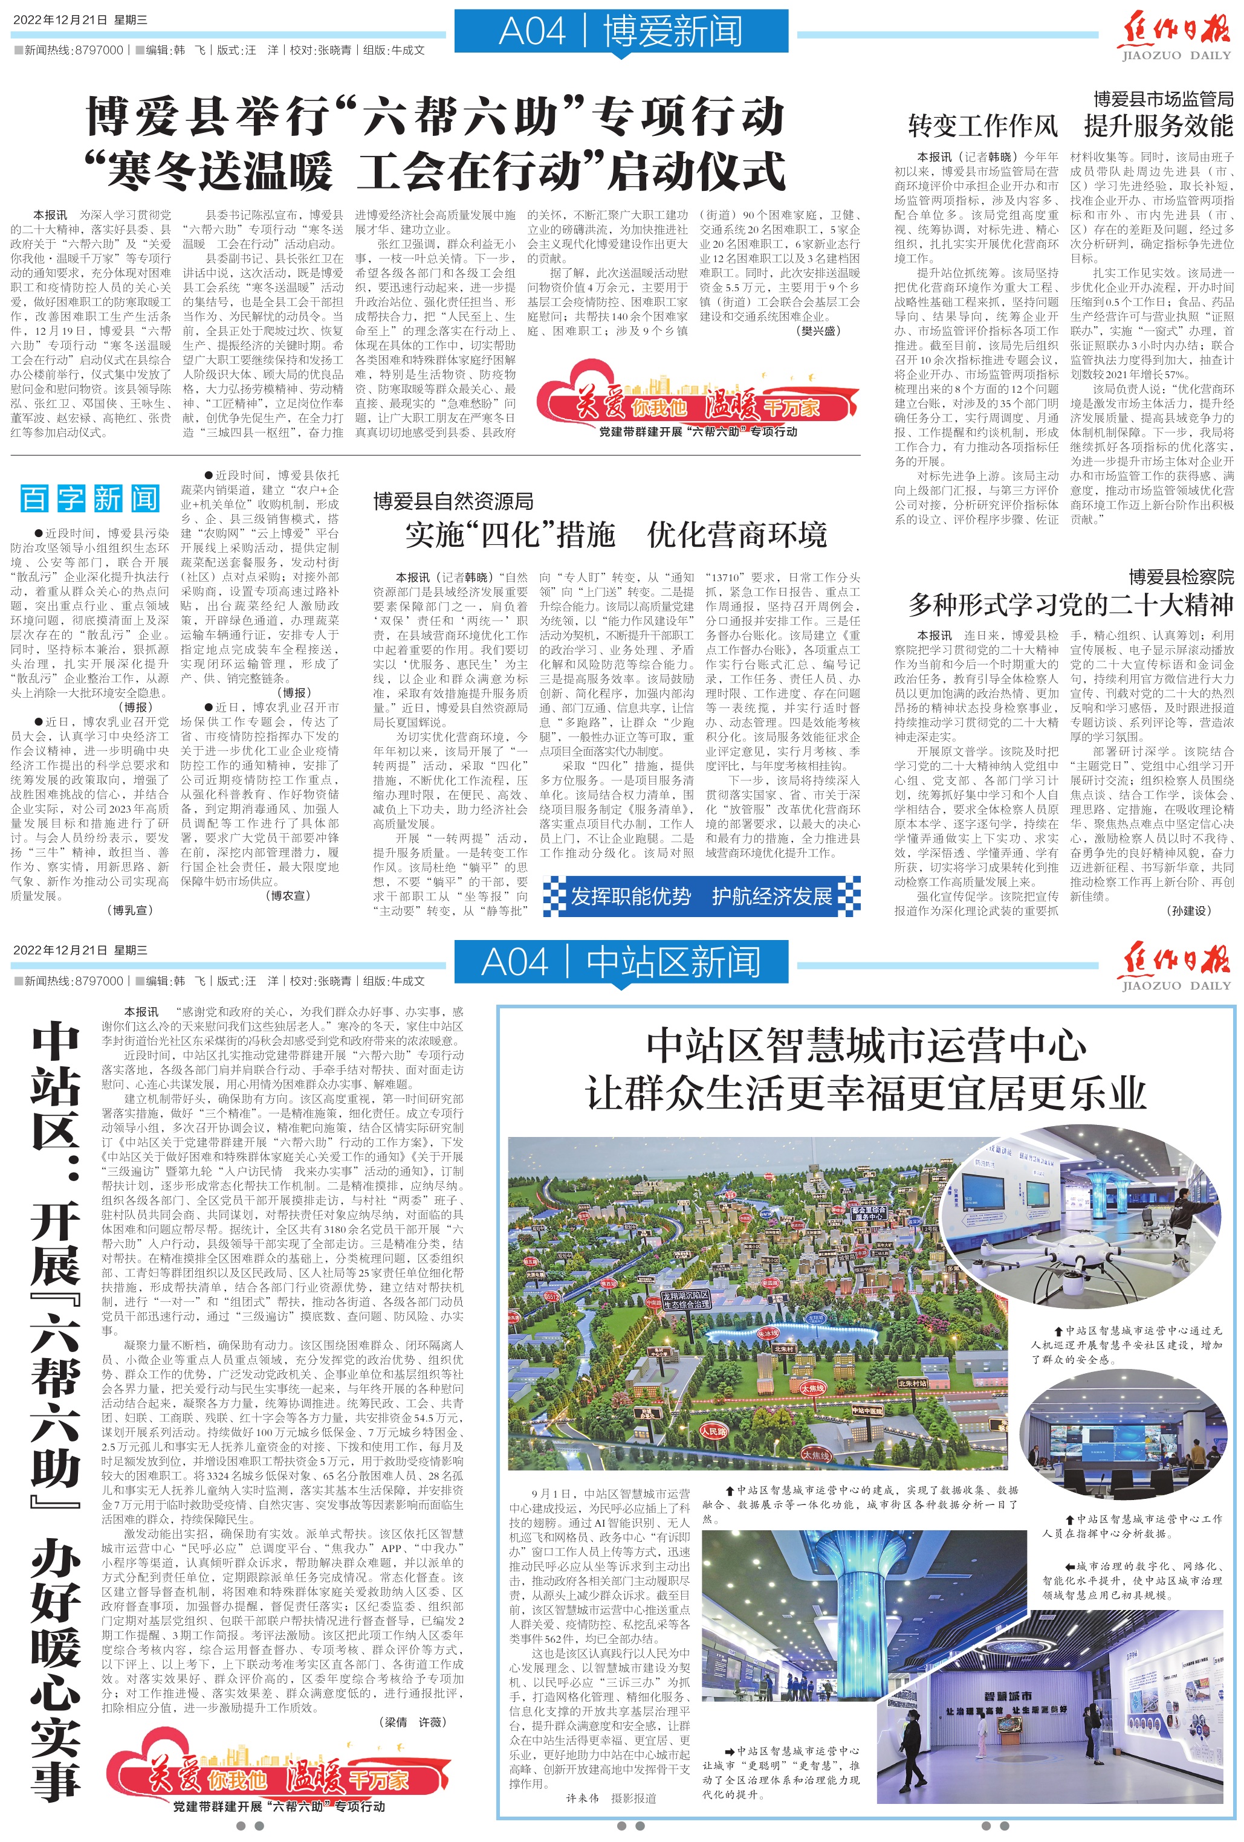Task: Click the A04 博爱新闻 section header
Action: (621, 31)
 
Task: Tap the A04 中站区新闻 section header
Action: (621, 962)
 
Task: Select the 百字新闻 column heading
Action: (89, 498)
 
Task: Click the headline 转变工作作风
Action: (982, 125)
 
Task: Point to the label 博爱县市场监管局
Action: (1163, 99)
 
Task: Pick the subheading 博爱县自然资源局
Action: (453, 501)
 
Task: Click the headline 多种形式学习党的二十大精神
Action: (1071, 605)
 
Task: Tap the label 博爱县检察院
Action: (1181, 577)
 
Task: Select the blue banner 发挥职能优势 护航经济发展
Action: (702, 897)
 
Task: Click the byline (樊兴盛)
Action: (818, 330)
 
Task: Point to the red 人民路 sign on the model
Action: (713, 1431)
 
